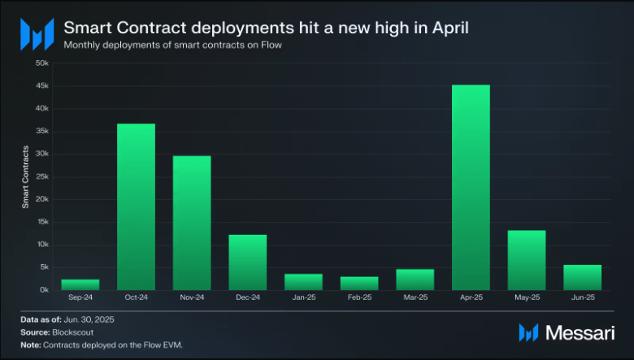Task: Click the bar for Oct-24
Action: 136,206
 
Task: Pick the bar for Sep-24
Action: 80,284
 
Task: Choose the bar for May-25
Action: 527,260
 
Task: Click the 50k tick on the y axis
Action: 43,63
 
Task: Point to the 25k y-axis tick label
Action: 43,176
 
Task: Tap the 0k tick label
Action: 45,290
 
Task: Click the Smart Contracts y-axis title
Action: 25,176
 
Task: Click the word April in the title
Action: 445,28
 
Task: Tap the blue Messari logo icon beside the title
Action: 37,34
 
